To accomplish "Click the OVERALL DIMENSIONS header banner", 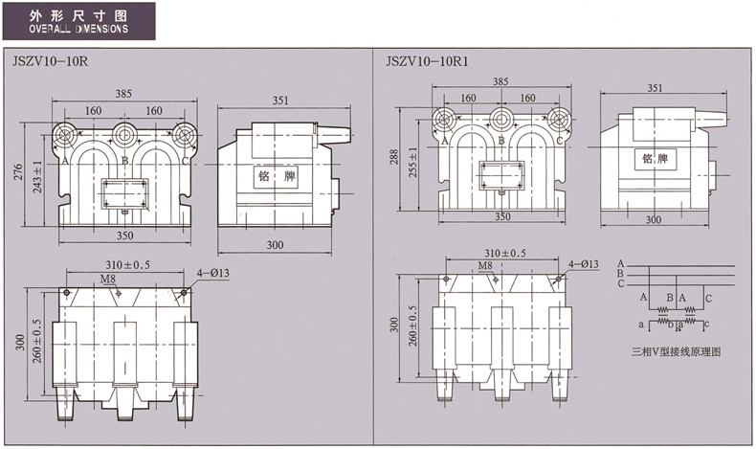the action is click(x=79, y=21).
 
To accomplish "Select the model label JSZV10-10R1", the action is click(x=427, y=61).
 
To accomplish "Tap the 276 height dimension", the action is click(x=18, y=172).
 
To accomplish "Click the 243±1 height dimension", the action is click(x=37, y=177).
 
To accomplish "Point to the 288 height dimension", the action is click(x=394, y=157).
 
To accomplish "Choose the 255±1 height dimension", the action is click(x=413, y=162).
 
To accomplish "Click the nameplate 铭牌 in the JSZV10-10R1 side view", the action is click(x=655, y=159).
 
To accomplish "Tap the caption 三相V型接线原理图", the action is click(x=676, y=351).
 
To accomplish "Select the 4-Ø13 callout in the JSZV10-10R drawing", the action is click(x=212, y=273).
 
